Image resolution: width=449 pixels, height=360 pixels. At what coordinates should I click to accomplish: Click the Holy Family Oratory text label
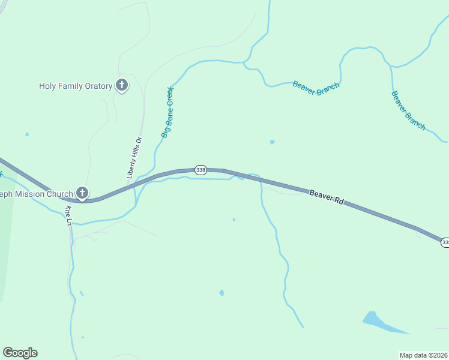76,86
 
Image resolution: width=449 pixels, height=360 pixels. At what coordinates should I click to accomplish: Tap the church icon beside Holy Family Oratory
122,86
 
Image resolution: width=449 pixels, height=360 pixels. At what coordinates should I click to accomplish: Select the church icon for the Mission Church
82,193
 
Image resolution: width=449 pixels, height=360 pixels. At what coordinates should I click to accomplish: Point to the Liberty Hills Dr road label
134,158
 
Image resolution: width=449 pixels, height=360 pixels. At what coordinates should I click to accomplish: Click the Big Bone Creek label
167,112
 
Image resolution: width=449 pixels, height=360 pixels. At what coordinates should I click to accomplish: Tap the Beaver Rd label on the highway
327,198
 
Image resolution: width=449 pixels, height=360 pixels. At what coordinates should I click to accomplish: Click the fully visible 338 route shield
200,170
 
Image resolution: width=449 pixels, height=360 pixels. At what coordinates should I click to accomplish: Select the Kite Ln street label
68,215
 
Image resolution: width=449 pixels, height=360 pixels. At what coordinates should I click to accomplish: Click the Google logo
20,353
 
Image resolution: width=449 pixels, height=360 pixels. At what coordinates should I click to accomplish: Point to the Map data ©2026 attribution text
423,355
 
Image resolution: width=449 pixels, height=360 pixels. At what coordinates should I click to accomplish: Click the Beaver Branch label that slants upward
316,85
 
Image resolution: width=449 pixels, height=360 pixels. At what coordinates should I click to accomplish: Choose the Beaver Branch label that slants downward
408,110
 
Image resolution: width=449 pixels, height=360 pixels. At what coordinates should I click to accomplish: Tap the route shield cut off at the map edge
445,242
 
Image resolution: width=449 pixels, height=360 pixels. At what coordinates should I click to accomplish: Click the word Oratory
97,86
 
